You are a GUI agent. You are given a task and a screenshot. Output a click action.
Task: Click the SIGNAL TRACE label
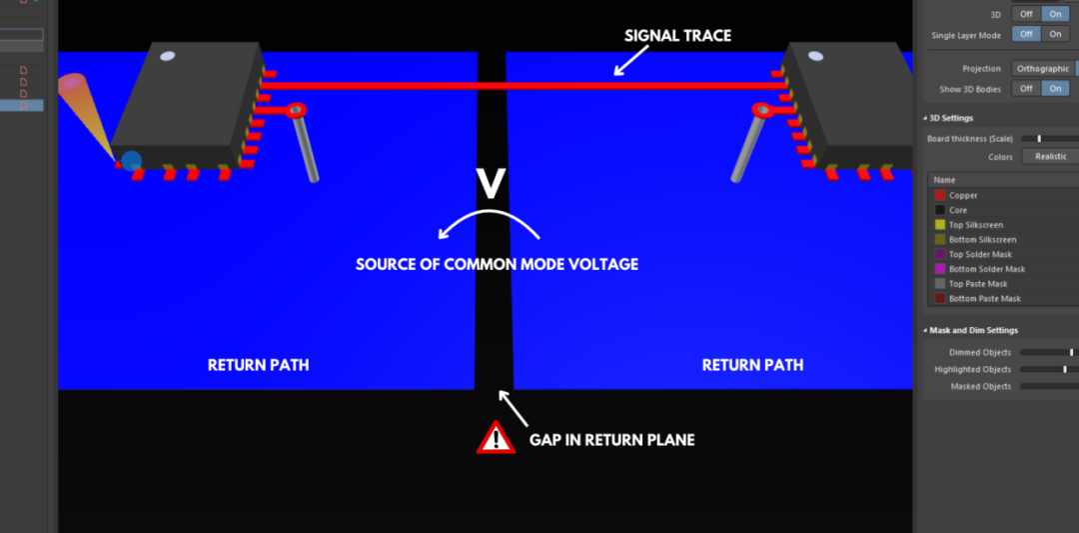[x=677, y=36]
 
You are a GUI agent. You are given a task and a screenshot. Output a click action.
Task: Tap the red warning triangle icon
[x=496, y=438]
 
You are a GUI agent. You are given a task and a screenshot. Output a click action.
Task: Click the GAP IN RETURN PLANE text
[x=611, y=440]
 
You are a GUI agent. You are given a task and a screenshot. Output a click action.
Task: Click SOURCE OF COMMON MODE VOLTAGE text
[x=497, y=265]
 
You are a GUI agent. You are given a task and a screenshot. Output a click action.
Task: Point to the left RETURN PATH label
[x=258, y=365]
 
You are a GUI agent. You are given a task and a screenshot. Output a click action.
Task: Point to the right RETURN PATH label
[x=752, y=365]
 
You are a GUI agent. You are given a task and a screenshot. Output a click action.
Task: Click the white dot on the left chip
[x=168, y=55]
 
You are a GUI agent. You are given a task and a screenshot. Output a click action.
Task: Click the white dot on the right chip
[x=815, y=55]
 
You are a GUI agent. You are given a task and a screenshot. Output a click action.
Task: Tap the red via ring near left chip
[x=296, y=110]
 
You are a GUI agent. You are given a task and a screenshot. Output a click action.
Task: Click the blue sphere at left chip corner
[x=131, y=160]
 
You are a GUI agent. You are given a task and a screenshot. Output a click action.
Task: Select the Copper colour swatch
[x=939, y=196]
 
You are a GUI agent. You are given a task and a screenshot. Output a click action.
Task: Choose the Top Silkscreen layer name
[x=975, y=225]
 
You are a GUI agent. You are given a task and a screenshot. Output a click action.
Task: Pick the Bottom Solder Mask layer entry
[x=986, y=269]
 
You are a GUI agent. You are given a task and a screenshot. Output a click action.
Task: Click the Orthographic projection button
[x=1041, y=69]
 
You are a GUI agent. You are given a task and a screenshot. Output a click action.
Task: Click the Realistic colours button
[x=1050, y=156]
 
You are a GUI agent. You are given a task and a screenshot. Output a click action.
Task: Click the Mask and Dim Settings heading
[x=974, y=330]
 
